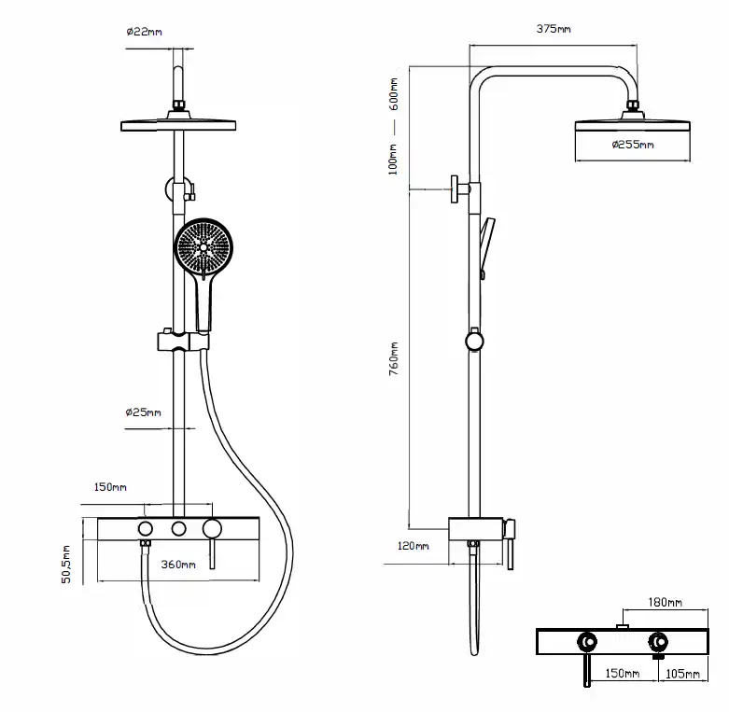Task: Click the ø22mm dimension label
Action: point(144,32)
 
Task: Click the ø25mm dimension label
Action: point(143,412)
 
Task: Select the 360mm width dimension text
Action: point(177,565)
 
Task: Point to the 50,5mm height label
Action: point(66,565)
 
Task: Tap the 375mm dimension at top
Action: point(554,29)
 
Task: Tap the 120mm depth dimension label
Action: point(412,546)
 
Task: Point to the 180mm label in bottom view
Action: point(664,604)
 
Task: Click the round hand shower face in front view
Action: point(202,248)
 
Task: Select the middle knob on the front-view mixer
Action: point(177,530)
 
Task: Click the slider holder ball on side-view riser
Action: point(476,340)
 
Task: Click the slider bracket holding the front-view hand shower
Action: point(177,341)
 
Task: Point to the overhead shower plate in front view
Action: point(178,125)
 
